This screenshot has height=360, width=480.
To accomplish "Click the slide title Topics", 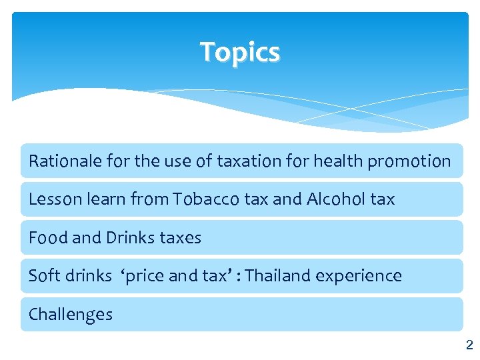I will click(x=240, y=51).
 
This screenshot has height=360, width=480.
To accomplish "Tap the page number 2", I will click(x=469, y=345).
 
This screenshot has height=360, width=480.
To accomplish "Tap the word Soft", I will click(x=41, y=276).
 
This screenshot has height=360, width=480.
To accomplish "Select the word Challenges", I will click(x=71, y=315).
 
